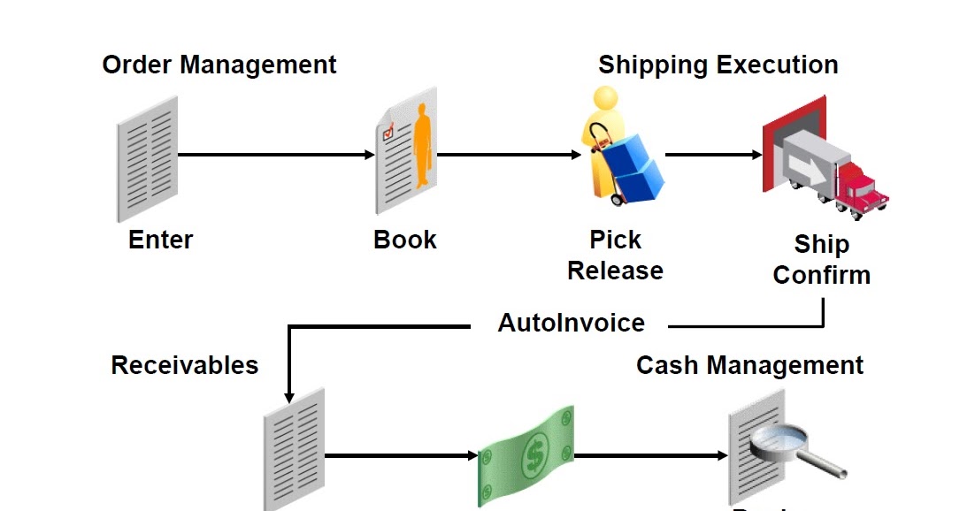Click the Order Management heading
(219, 65)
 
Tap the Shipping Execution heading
(718, 65)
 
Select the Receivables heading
(184, 365)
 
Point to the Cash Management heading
(749, 365)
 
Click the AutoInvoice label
(571, 323)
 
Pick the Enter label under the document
(160, 240)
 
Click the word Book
(405, 240)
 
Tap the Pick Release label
(615, 255)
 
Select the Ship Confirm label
(821, 259)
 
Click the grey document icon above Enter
(147, 159)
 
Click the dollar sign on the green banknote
(534, 456)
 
